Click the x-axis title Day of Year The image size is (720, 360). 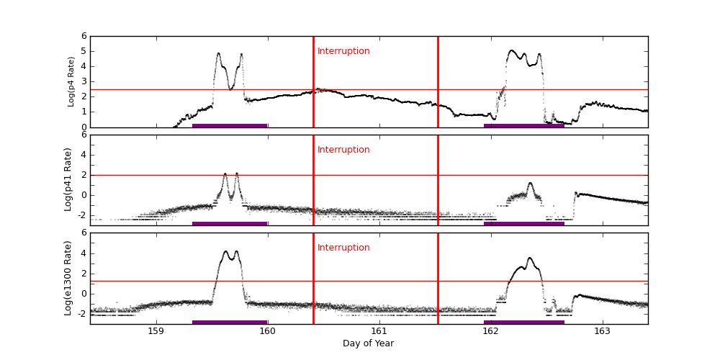[368, 343]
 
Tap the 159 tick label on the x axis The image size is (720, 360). [156, 331]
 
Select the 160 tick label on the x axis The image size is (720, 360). [267, 331]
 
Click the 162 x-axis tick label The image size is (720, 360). [490, 331]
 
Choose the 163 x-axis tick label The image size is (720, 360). [602, 331]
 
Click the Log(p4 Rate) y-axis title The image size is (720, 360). [71, 81]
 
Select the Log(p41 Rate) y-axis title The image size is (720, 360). [68, 179]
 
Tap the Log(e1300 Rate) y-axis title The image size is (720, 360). [68, 278]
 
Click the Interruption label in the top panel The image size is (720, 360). [343, 51]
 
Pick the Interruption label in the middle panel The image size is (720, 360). [343, 150]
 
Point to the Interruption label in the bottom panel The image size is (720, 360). [343, 248]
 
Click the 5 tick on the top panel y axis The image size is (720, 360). [84, 51]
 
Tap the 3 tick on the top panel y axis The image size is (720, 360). [84, 81]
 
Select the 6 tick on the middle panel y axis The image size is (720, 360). [84, 135]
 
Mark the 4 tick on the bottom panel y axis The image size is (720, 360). [84, 253]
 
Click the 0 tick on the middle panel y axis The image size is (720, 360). [84, 194]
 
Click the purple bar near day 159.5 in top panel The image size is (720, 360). [230, 125]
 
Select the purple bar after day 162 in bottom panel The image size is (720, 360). [523, 322]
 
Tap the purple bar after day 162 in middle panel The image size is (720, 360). [523, 223]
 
